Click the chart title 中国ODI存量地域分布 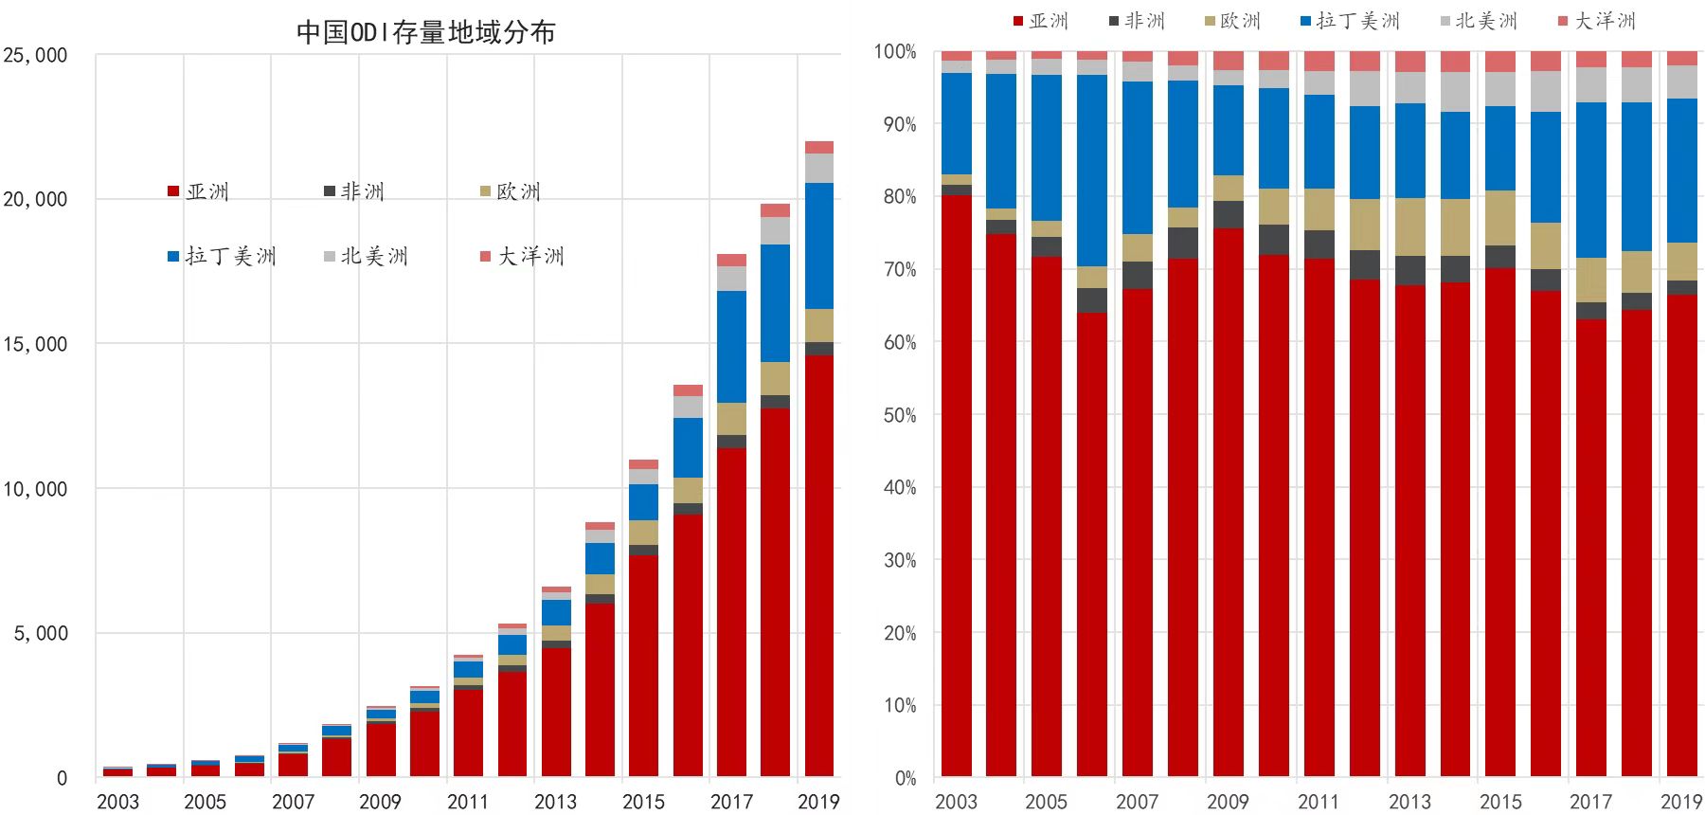[x=425, y=32]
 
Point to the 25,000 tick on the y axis [x=35, y=55]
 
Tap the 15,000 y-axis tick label [x=35, y=344]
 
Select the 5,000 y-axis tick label [x=41, y=633]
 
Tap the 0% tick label [x=905, y=778]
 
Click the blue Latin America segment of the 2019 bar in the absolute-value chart [x=818, y=245]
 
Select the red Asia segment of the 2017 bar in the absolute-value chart [x=731, y=611]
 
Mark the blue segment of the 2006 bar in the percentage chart [x=1092, y=170]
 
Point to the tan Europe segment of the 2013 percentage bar [x=1410, y=226]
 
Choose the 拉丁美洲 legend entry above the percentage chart [x=1350, y=21]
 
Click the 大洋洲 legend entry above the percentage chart [x=1597, y=21]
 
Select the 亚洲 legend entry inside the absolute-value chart [x=199, y=191]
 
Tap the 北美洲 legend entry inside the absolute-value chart [x=366, y=256]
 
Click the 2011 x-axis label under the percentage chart [x=1319, y=802]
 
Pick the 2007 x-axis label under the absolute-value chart [x=293, y=802]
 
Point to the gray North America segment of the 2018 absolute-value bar [x=775, y=230]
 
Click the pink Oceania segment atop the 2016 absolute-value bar [x=688, y=390]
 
